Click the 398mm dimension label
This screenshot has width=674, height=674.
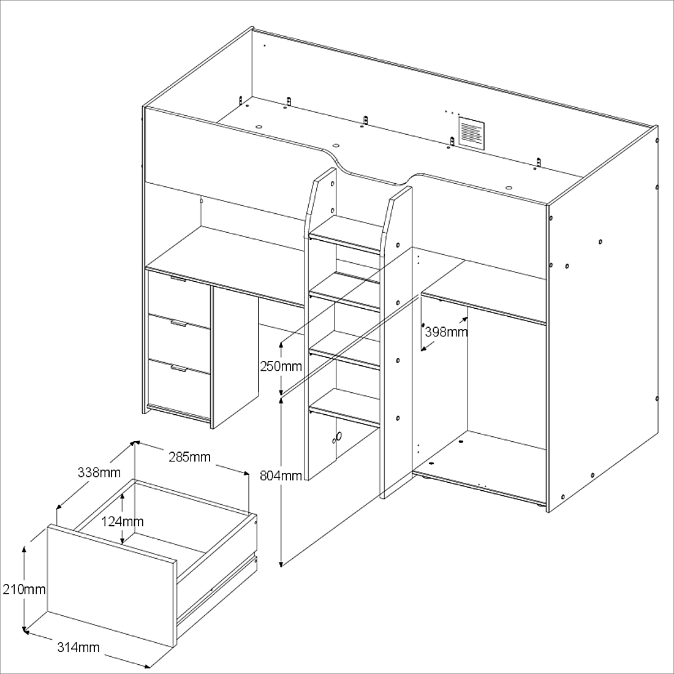point(446,332)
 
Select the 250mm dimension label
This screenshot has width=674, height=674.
point(281,366)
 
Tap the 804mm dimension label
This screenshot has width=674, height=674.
point(281,475)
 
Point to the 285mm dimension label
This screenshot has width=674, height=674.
point(189,456)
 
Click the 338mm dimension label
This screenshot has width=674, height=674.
point(99,472)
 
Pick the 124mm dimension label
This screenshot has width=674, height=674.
point(122,521)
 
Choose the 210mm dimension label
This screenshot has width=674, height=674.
point(24,589)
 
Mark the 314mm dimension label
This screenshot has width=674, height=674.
point(78,647)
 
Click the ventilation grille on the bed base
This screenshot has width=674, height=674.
point(471,133)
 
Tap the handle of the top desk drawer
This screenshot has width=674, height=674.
point(178,279)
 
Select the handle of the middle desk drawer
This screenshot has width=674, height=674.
point(179,324)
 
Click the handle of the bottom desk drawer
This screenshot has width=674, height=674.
point(179,368)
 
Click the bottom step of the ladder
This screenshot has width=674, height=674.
point(345,408)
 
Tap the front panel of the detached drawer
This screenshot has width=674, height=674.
point(112,586)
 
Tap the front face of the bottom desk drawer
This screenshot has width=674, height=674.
point(179,388)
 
